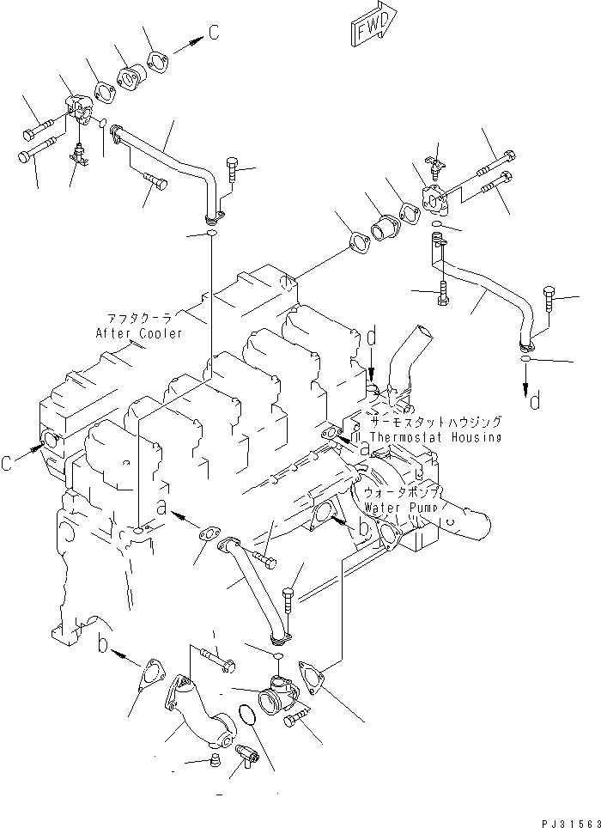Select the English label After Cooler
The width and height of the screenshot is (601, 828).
click(x=140, y=333)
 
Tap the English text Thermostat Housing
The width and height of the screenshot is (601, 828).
click(x=437, y=437)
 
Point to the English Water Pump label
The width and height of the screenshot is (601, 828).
click(x=400, y=508)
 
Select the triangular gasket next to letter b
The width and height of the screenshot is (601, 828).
click(x=153, y=674)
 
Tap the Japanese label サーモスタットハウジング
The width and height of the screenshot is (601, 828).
click(x=437, y=423)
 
